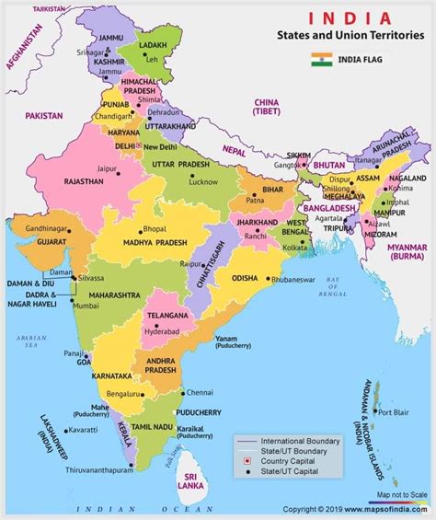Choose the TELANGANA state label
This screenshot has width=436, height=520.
click(168, 315)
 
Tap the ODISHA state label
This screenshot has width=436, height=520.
click(244, 278)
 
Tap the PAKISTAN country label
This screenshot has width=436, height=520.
click(45, 116)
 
